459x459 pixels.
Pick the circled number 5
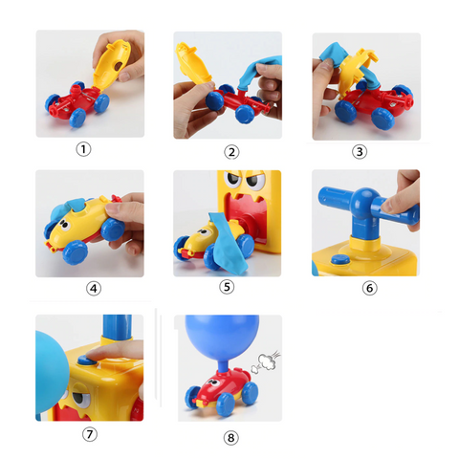(227, 286)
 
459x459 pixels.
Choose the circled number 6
(370, 288)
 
